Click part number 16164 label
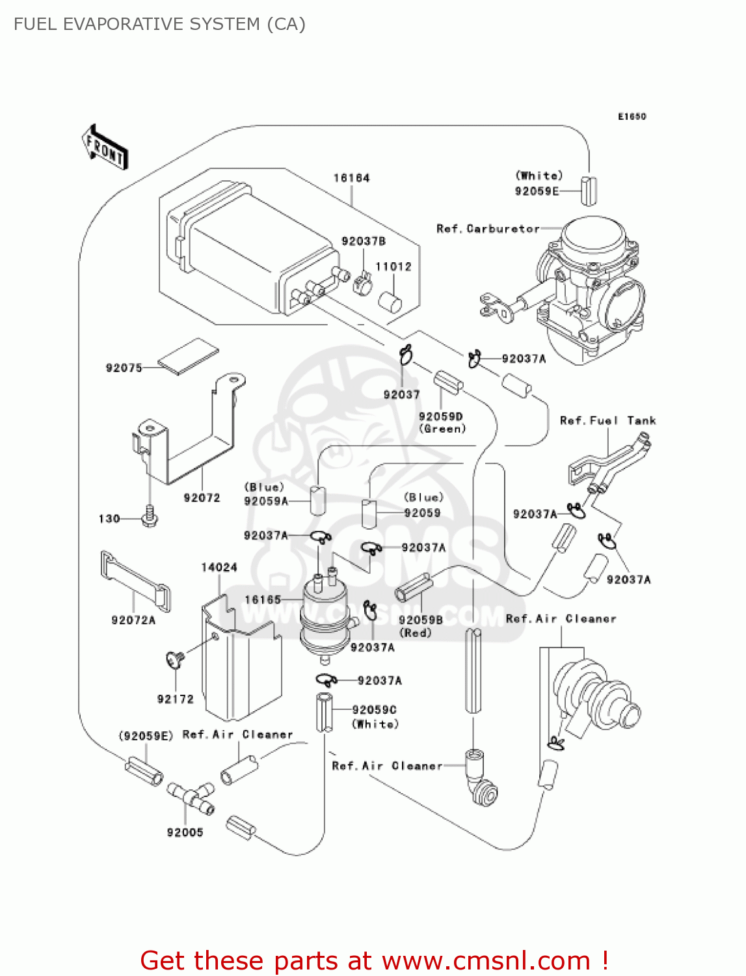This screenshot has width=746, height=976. pos(351,178)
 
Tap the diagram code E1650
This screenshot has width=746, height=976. pos(632,116)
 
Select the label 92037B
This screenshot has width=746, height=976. pos(364,241)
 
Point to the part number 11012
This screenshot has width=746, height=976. pos(393,267)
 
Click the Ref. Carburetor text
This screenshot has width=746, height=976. pos(488,229)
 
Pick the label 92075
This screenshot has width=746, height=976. pos(124,368)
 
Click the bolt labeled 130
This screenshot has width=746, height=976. pos(150,517)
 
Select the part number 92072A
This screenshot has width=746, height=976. pos(133,620)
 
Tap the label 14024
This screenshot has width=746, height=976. pos(219,567)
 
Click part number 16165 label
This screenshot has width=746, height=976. pos(263,600)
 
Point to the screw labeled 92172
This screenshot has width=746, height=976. pos(175,660)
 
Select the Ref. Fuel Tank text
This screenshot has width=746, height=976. pos(607,421)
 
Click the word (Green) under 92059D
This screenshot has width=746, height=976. pos(442,429)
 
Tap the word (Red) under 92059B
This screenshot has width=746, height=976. pos(416,632)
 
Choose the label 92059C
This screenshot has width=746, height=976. pos(374,710)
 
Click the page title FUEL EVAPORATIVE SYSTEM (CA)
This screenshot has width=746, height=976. pos(159,24)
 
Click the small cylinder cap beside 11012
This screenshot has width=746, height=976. pos(390,302)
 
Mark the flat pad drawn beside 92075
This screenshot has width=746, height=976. pos(189,356)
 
